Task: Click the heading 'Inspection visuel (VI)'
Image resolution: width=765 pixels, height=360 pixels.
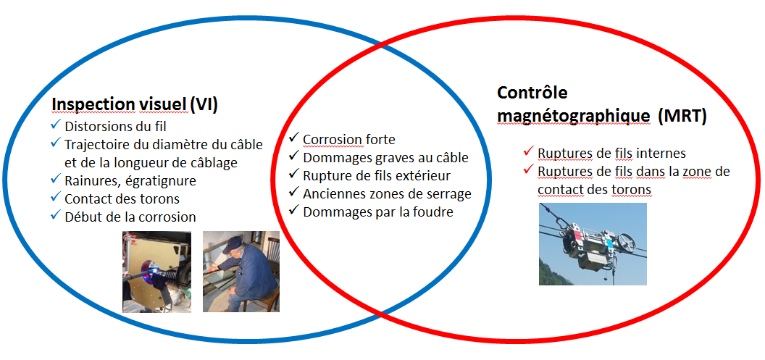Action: (134, 105)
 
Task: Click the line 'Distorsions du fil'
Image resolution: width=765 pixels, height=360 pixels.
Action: (116, 126)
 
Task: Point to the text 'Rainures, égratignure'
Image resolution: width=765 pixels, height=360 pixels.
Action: (130, 180)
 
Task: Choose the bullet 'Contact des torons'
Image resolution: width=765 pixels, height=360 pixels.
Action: (122, 199)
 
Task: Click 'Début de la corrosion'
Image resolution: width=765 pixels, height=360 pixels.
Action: (130, 217)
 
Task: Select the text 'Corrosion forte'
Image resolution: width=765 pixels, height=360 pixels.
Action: (349, 140)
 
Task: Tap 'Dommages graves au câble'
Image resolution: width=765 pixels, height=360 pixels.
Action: (385, 158)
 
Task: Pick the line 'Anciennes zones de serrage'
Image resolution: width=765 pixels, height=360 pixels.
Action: (387, 193)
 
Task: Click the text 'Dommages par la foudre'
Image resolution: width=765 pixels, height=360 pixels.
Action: (378, 212)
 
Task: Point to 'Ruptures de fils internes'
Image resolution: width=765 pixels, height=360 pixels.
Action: (612, 153)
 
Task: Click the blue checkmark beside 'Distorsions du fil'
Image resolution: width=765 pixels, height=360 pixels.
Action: (54, 125)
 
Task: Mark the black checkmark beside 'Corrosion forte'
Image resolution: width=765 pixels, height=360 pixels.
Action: (293, 138)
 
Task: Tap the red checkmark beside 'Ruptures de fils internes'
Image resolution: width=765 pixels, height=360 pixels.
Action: (527, 151)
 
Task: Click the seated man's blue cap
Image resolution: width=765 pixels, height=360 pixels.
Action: (233, 244)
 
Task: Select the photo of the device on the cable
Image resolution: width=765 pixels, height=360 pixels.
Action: (593, 244)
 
